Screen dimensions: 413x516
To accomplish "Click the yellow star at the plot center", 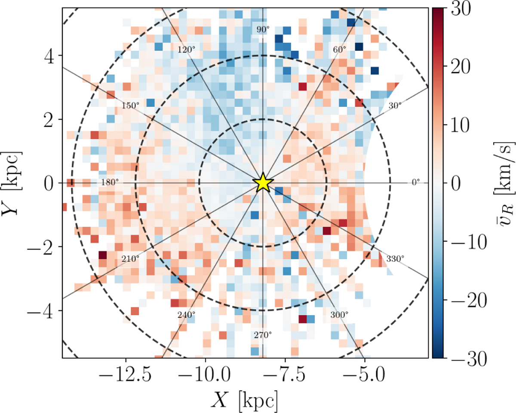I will coord(262,183).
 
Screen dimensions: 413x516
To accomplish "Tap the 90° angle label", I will coord(263,30).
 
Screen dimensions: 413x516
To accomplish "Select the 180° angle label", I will coord(109,183).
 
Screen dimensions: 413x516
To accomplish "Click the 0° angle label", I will coord(415,183).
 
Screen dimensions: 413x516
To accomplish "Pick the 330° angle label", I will coord(395,259).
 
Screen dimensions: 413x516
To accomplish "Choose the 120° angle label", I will coord(186,50).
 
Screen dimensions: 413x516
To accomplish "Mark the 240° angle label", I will coord(186,315).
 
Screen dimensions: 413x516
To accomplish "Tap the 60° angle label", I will coord(340,50).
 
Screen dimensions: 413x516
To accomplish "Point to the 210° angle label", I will coord(130,259).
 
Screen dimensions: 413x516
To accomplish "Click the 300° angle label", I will coord(340,315).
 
